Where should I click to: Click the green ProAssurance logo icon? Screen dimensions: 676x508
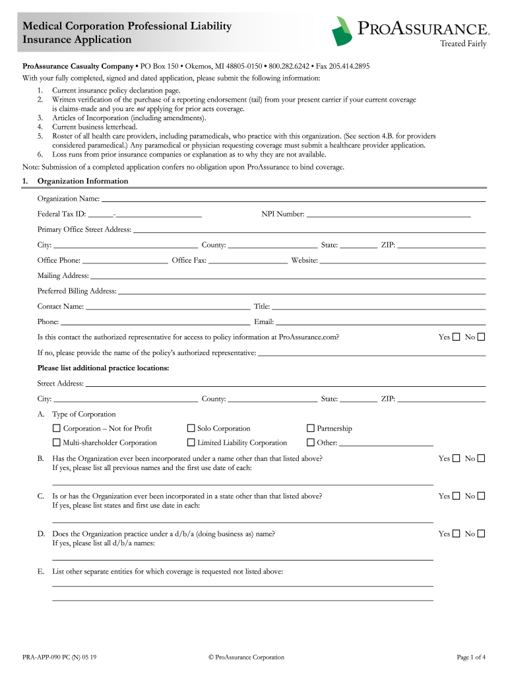(342, 31)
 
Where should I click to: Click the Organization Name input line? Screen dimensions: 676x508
(293, 199)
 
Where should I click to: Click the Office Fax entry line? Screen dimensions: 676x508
(247, 261)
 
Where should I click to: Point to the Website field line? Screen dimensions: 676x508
(402, 261)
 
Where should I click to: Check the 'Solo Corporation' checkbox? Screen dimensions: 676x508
(191, 428)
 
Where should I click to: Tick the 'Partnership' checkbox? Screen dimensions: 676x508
(311, 428)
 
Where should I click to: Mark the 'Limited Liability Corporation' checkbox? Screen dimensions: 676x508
(191, 443)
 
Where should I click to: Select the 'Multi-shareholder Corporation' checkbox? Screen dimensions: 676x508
(56, 443)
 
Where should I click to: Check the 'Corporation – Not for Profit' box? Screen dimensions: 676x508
(56, 428)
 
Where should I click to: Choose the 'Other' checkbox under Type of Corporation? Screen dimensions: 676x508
(311, 443)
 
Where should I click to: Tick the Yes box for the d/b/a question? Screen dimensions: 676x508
(456, 533)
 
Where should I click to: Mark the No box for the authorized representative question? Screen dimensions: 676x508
(481, 337)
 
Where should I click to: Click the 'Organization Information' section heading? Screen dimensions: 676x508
(82, 181)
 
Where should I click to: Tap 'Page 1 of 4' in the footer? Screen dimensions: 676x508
(471, 657)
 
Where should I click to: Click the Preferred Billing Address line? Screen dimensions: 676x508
(302, 291)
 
